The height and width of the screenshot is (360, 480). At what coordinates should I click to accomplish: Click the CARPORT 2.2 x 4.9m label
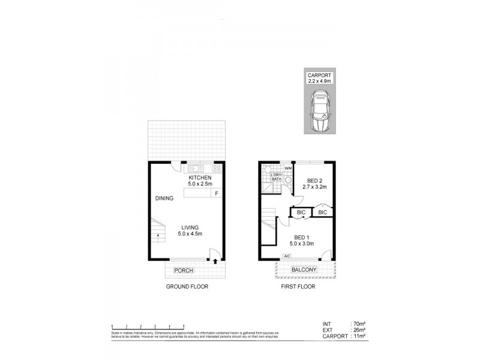[319, 78]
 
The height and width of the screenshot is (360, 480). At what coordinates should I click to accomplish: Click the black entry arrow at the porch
[215, 261]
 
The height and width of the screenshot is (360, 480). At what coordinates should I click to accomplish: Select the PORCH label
[183, 271]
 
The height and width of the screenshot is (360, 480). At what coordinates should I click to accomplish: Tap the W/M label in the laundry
[287, 169]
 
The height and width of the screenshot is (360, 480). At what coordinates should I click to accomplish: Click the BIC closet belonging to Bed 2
[322, 212]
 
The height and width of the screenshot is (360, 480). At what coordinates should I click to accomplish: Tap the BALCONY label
[304, 271]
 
